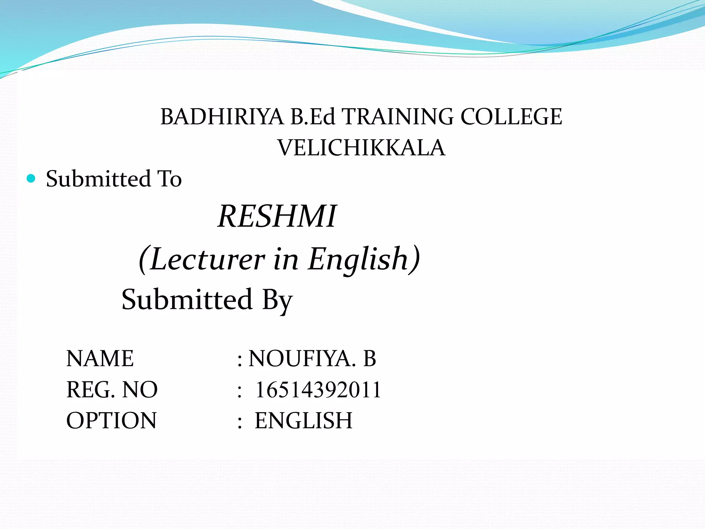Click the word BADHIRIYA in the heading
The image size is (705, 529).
click(222, 117)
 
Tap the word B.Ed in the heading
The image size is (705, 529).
click(313, 117)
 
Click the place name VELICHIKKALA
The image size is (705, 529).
click(361, 148)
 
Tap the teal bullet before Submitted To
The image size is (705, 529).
click(31, 178)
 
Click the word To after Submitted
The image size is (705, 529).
click(169, 179)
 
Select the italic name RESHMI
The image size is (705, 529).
click(277, 216)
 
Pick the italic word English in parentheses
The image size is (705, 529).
click(358, 259)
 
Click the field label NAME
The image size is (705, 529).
click(100, 359)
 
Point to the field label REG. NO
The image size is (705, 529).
click(112, 390)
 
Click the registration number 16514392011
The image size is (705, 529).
click(318, 390)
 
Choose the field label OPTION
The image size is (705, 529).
click(111, 421)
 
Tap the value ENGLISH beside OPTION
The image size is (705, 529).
click(303, 421)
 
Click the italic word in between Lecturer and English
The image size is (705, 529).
click(286, 259)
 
